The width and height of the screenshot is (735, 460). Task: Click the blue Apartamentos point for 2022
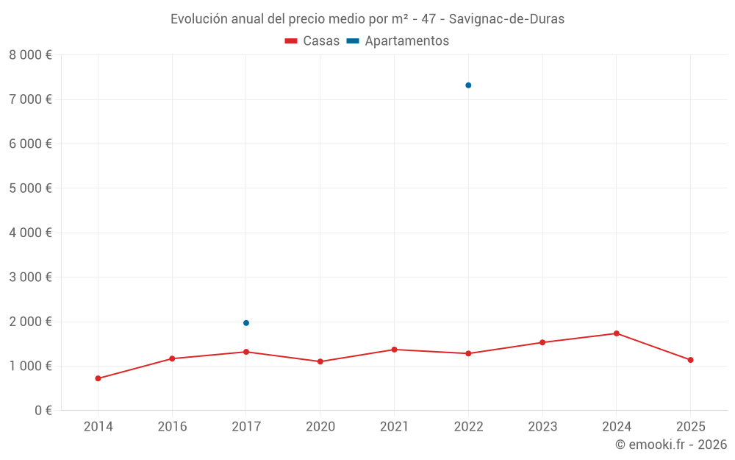pyautogui.click(x=468, y=85)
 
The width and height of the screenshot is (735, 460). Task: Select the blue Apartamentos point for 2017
pyautogui.click(x=246, y=323)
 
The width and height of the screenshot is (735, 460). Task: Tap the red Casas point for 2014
pyautogui.click(x=98, y=378)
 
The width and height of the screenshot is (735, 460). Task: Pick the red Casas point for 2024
pyautogui.click(x=616, y=333)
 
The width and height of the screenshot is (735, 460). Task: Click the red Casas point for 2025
pyautogui.click(x=690, y=360)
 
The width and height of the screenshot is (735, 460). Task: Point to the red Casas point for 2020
pyautogui.click(x=320, y=361)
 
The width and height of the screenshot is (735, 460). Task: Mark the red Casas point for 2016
pyautogui.click(x=172, y=358)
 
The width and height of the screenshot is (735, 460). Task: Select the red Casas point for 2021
pyautogui.click(x=394, y=350)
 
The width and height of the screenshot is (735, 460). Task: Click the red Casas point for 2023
pyautogui.click(x=542, y=342)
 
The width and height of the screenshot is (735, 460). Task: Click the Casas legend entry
pyautogui.click(x=312, y=41)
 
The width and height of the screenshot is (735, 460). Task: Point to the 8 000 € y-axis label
pyautogui.click(x=30, y=55)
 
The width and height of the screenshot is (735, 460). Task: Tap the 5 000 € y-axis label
pyautogui.click(x=30, y=188)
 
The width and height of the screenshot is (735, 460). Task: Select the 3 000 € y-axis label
pyautogui.click(x=30, y=277)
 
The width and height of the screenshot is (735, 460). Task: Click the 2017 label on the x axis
pyautogui.click(x=246, y=427)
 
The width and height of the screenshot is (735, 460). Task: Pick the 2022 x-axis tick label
pyautogui.click(x=468, y=427)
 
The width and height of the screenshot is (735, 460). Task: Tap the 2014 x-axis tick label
pyautogui.click(x=98, y=427)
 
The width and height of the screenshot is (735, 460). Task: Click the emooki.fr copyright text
pyautogui.click(x=670, y=445)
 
